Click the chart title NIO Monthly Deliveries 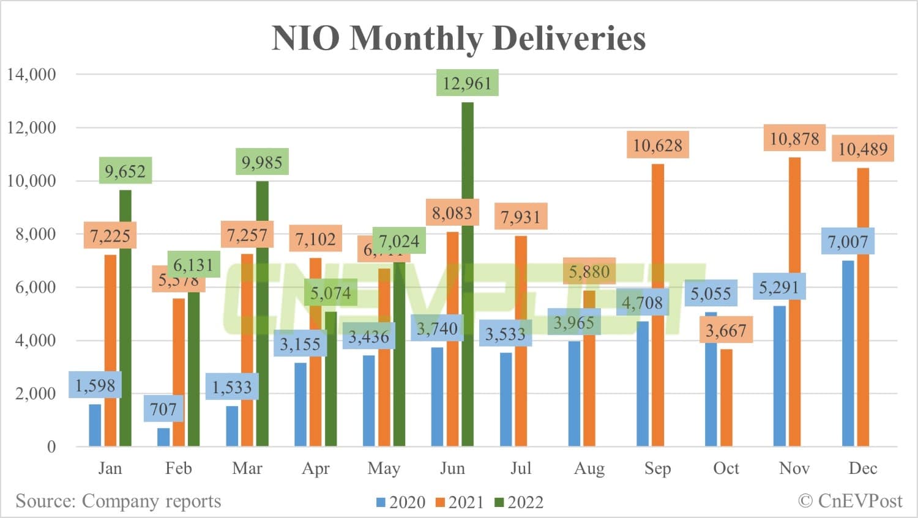click(x=458, y=38)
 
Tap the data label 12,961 click(x=467, y=83)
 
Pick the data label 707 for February click(x=163, y=409)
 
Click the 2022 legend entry click(x=519, y=502)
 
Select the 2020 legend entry click(x=401, y=502)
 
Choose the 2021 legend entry click(x=460, y=502)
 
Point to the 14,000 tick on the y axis click(x=31, y=75)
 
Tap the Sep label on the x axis click(x=657, y=468)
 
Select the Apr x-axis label click(x=315, y=468)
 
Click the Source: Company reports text click(x=118, y=501)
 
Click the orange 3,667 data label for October click(x=726, y=331)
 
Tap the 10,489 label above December click(x=862, y=149)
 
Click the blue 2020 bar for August click(x=574, y=398)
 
